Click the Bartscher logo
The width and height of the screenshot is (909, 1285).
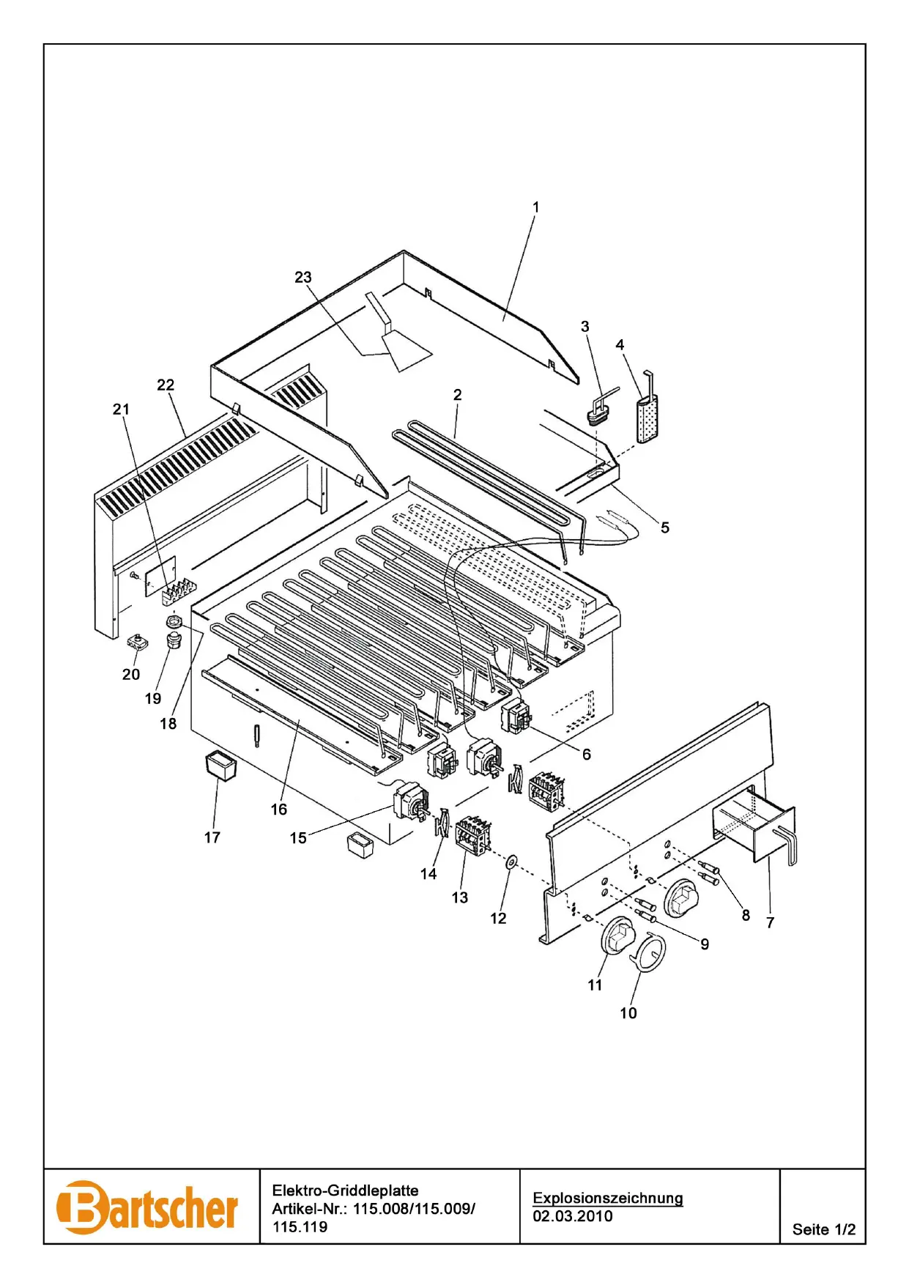click(x=147, y=1207)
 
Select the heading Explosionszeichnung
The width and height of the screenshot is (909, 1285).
click(x=607, y=1198)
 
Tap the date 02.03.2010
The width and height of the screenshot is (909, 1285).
click(x=572, y=1216)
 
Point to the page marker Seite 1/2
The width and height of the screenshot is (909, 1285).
click(x=823, y=1229)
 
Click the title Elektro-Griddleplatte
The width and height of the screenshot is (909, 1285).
click(x=345, y=1190)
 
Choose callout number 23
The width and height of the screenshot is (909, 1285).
click(x=303, y=277)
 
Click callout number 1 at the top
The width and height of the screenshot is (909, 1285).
click(x=535, y=207)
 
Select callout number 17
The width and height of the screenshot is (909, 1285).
click(x=212, y=837)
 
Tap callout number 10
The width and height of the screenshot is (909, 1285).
click(x=628, y=1013)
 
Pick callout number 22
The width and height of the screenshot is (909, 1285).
click(x=166, y=385)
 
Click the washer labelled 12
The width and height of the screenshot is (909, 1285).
click(x=511, y=861)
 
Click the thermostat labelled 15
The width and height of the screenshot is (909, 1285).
click(x=410, y=801)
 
